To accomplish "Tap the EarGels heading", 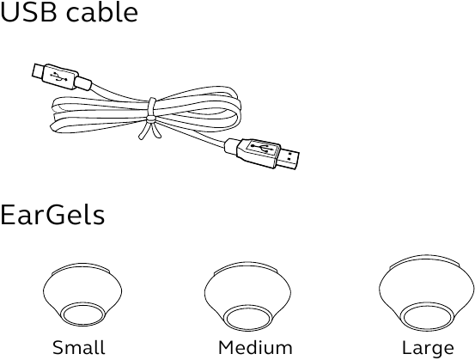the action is coord(52,214).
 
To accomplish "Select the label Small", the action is coord(79,347).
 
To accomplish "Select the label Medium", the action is coord(255,347).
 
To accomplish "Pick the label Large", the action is coord(428,348).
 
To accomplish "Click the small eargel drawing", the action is coord(82,295).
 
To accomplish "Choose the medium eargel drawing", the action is coord(247,297).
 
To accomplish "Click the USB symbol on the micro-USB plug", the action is coord(58,77).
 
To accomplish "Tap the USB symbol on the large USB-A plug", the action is coord(260,148).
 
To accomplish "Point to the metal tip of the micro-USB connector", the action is coord(38,70).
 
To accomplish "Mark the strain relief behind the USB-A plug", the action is coord(233,146).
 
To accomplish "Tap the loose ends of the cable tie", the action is coord(150,131).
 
